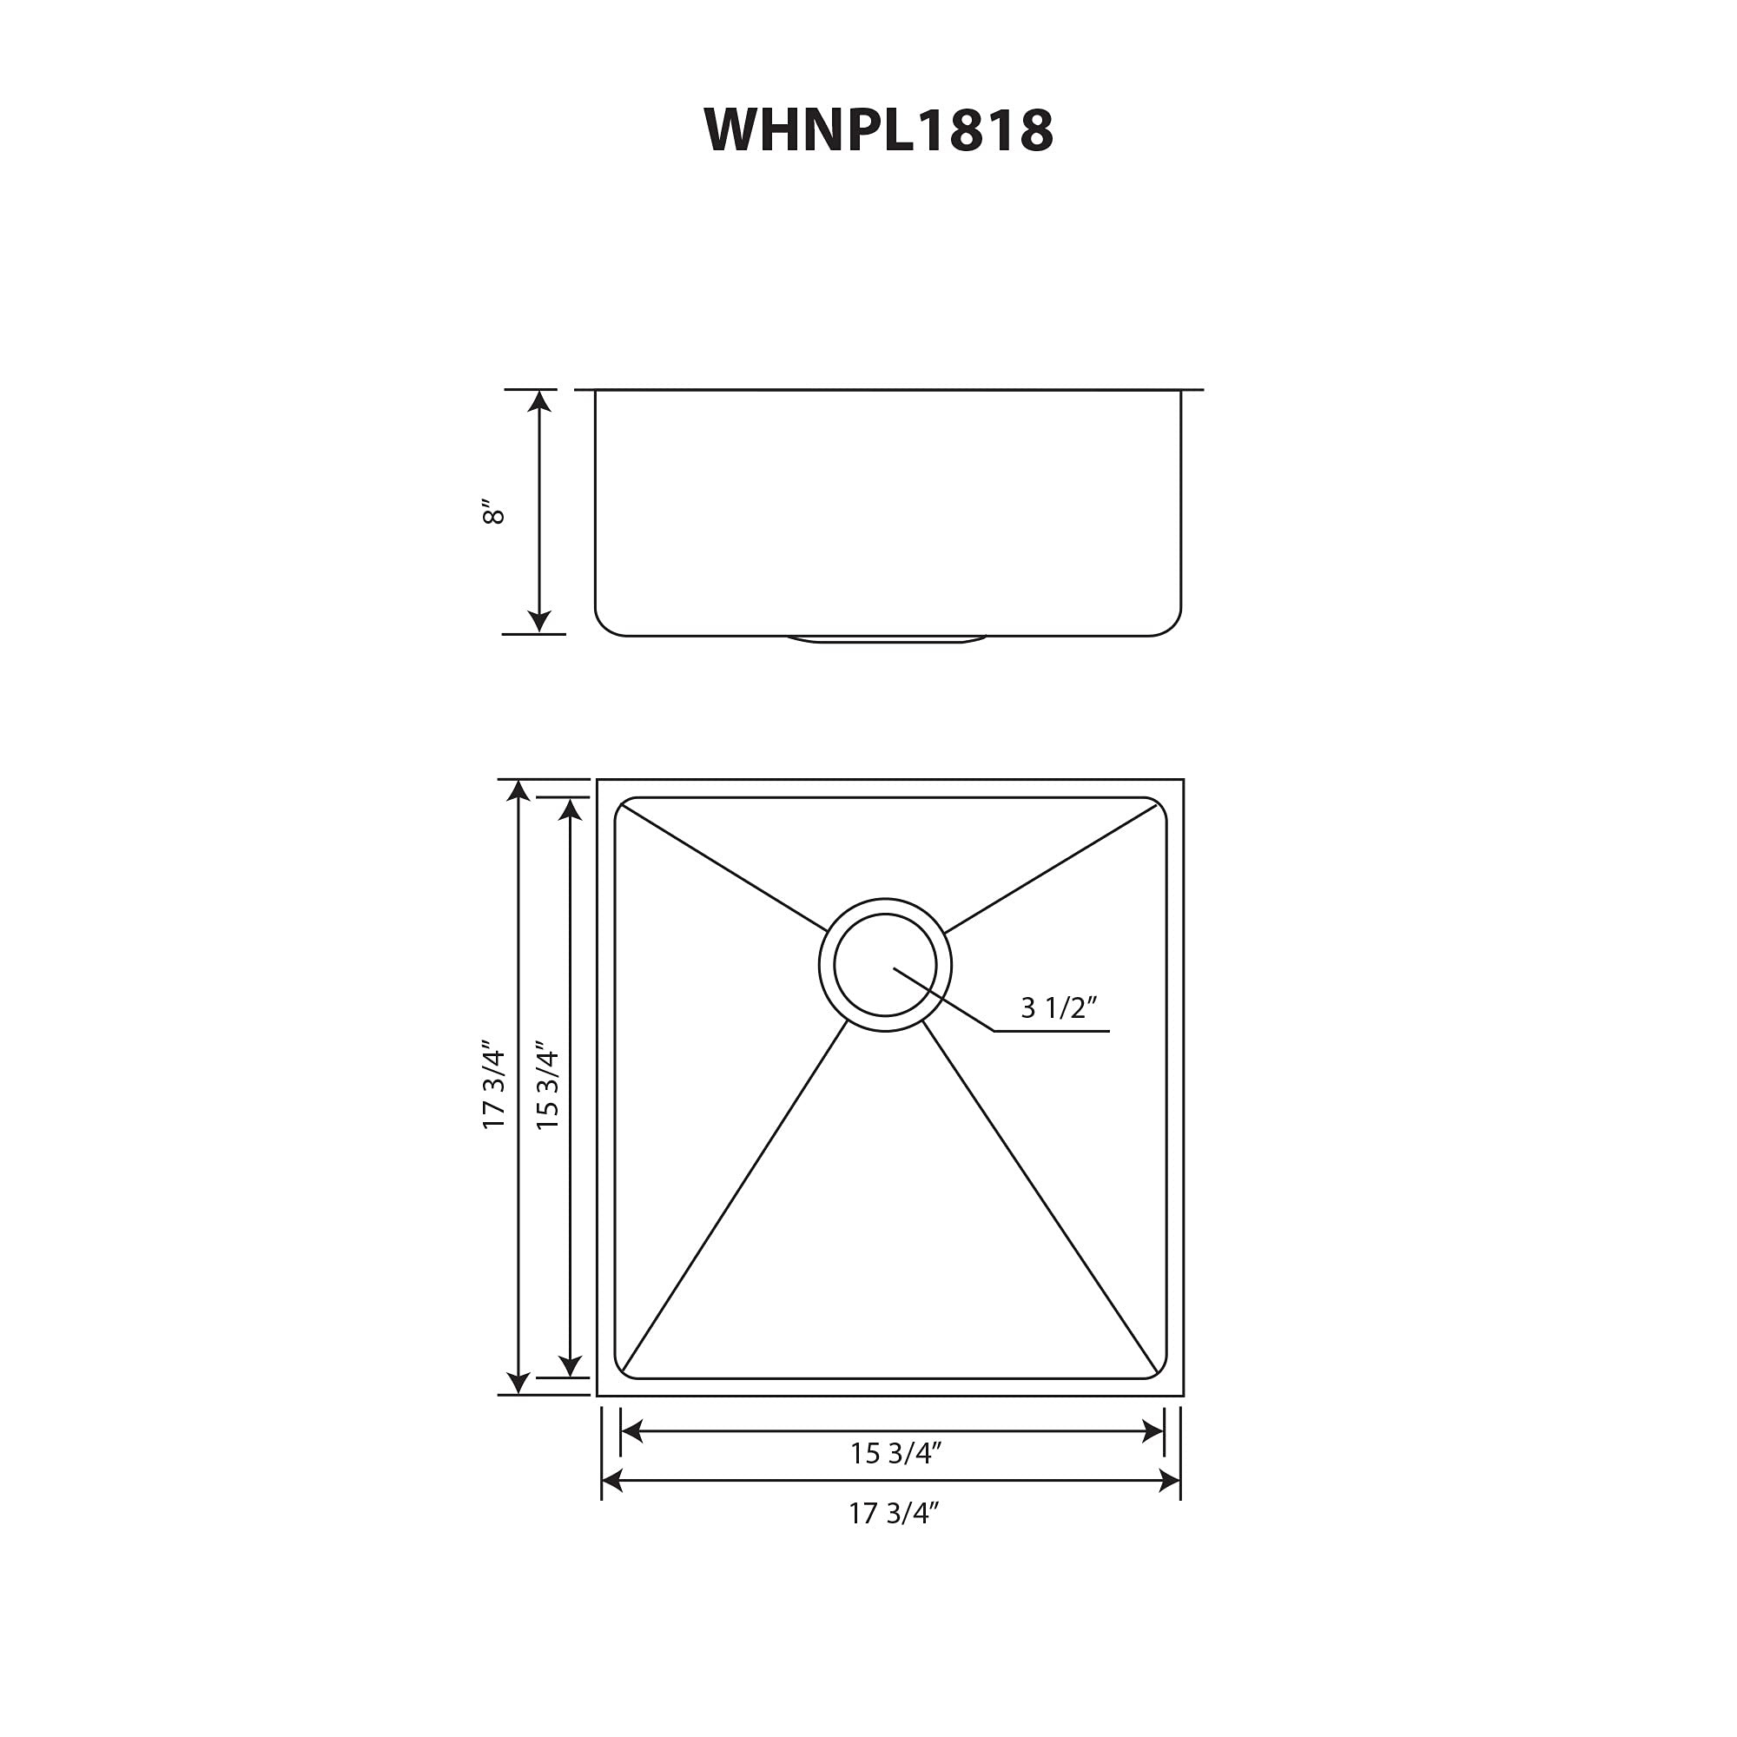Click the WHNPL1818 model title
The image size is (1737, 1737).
pyautogui.click(x=877, y=131)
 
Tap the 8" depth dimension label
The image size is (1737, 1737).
pyautogui.click(x=493, y=511)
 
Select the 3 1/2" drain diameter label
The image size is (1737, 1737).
pyautogui.click(x=1058, y=1007)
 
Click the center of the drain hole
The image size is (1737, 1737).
pyautogui.click(x=885, y=966)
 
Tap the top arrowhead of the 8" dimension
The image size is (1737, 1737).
pyautogui.click(x=538, y=401)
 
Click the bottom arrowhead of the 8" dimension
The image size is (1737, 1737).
pyautogui.click(x=538, y=622)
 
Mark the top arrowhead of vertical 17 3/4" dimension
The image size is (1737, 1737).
pyautogui.click(x=518, y=790)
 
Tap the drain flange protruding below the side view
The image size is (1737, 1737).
pyautogui.click(x=887, y=640)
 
